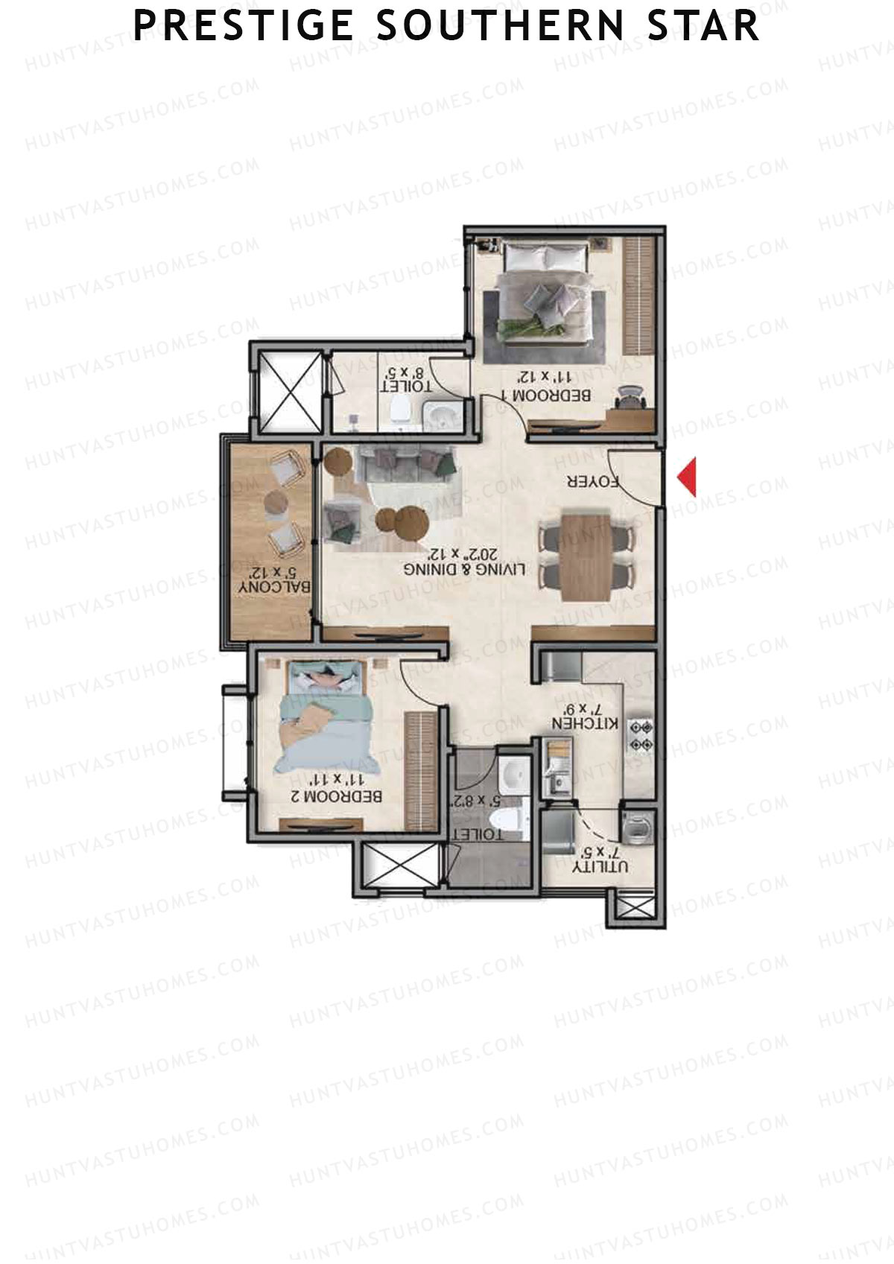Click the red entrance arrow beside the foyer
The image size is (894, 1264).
point(688,477)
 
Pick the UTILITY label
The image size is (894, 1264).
point(600,866)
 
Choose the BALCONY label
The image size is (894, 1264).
point(274,587)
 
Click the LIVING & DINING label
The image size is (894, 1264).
point(464,570)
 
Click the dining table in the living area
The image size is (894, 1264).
point(585,556)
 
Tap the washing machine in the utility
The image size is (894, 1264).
point(637,828)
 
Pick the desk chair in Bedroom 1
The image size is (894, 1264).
point(630,396)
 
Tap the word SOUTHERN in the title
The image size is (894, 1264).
point(500,26)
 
